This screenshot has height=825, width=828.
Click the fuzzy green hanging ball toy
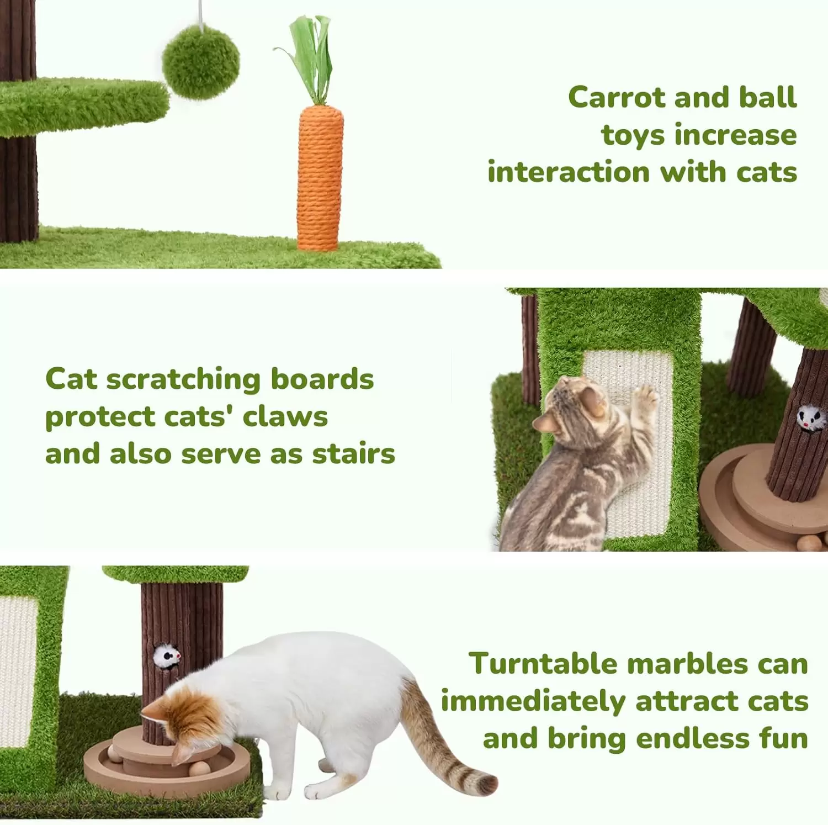[x=201, y=62]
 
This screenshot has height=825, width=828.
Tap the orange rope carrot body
[x=320, y=178]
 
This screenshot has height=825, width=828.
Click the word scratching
[x=183, y=380]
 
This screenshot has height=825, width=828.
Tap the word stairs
[x=354, y=454]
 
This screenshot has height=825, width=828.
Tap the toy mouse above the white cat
[x=167, y=656]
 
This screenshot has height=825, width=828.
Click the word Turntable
[x=544, y=663]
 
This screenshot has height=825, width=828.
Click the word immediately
[x=533, y=702]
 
